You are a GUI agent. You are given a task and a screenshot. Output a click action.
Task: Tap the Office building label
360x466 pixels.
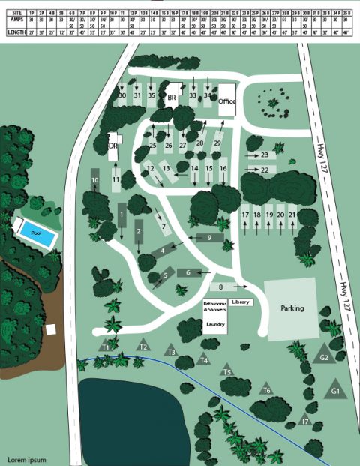[x=227, y=100]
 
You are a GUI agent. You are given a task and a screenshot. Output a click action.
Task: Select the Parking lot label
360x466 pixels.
[x=292, y=308]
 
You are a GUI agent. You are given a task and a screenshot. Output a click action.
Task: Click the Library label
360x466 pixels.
[x=240, y=302]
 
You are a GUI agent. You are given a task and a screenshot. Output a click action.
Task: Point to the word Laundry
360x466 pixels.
[x=215, y=324]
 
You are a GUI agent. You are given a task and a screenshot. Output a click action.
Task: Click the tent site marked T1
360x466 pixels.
[x=106, y=347]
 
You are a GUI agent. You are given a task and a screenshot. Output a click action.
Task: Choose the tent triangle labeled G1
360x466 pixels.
[x=335, y=391]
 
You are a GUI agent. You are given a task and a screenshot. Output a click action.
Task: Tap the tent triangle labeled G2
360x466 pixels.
[x=324, y=357]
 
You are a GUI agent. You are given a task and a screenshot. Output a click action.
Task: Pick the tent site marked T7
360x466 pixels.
[x=304, y=422]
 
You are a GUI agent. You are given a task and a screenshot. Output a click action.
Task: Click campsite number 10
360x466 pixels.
[x=95, y=181]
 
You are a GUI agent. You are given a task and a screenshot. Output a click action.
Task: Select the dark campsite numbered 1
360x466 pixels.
[x=121, y=215]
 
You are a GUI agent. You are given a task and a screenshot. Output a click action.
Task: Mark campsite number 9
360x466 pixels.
[x=210, y=238]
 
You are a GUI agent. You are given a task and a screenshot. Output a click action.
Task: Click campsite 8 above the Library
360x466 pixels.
[x=221, y=287]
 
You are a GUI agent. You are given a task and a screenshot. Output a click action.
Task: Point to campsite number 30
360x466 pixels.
[x=122, y=95]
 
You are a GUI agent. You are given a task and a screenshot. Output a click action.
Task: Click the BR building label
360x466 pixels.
[x=172, y=98]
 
